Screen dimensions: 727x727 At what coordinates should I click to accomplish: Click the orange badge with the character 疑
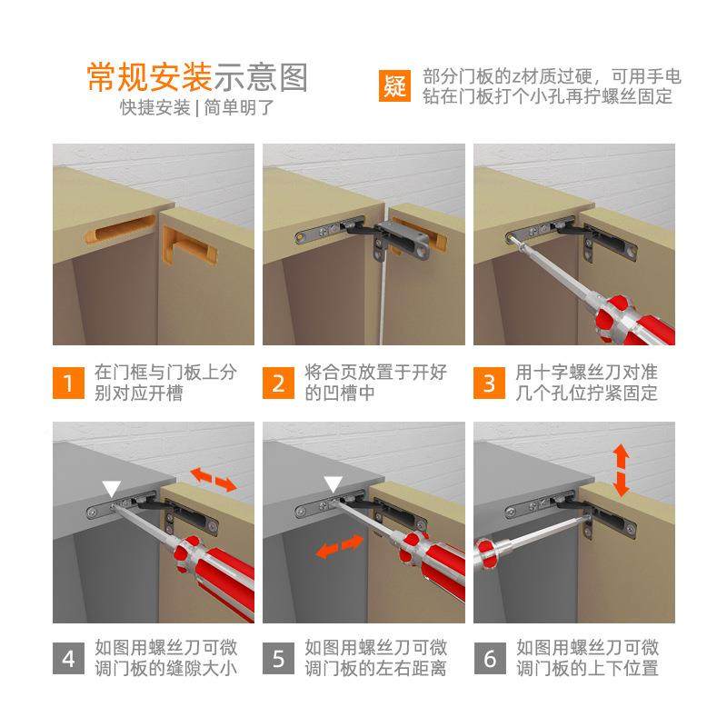tap(394, 85)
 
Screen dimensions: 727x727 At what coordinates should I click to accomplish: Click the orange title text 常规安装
tap(149, 77)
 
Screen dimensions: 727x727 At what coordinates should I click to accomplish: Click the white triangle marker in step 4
tap(111, 487)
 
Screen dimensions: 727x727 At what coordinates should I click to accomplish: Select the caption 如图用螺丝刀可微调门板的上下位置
tap(587, 658)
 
